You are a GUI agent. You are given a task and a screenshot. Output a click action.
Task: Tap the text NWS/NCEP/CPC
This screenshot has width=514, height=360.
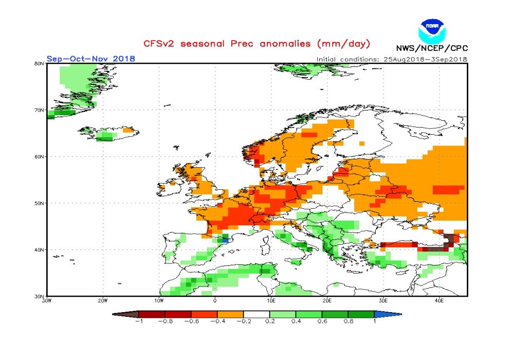[432, 48]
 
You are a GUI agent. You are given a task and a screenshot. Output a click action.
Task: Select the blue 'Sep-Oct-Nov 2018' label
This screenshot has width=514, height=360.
[90, 59]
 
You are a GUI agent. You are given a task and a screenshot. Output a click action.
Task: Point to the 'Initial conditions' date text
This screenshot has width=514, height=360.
[391, 59]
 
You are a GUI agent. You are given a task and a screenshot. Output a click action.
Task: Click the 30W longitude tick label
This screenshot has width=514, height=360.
[47, 300]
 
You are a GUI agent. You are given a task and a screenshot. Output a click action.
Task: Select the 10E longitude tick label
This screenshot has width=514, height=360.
[271, 300]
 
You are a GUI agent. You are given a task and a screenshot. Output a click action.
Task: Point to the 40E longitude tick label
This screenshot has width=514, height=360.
[439, 300]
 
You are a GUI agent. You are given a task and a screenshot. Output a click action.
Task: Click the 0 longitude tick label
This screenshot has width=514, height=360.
[215, 300]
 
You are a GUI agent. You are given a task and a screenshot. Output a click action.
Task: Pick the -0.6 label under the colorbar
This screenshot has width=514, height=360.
[191, 321]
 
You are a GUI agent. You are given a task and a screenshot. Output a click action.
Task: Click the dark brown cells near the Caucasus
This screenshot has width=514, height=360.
[449, 239]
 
